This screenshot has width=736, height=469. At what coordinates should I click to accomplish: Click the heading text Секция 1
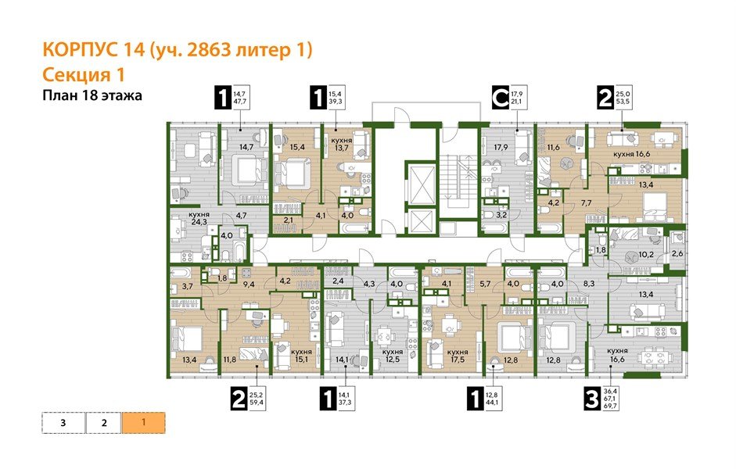pyautogui.click(x=82, y=74)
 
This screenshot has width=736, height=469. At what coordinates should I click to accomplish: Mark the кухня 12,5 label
pyautogui.click(x=393, y=356)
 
